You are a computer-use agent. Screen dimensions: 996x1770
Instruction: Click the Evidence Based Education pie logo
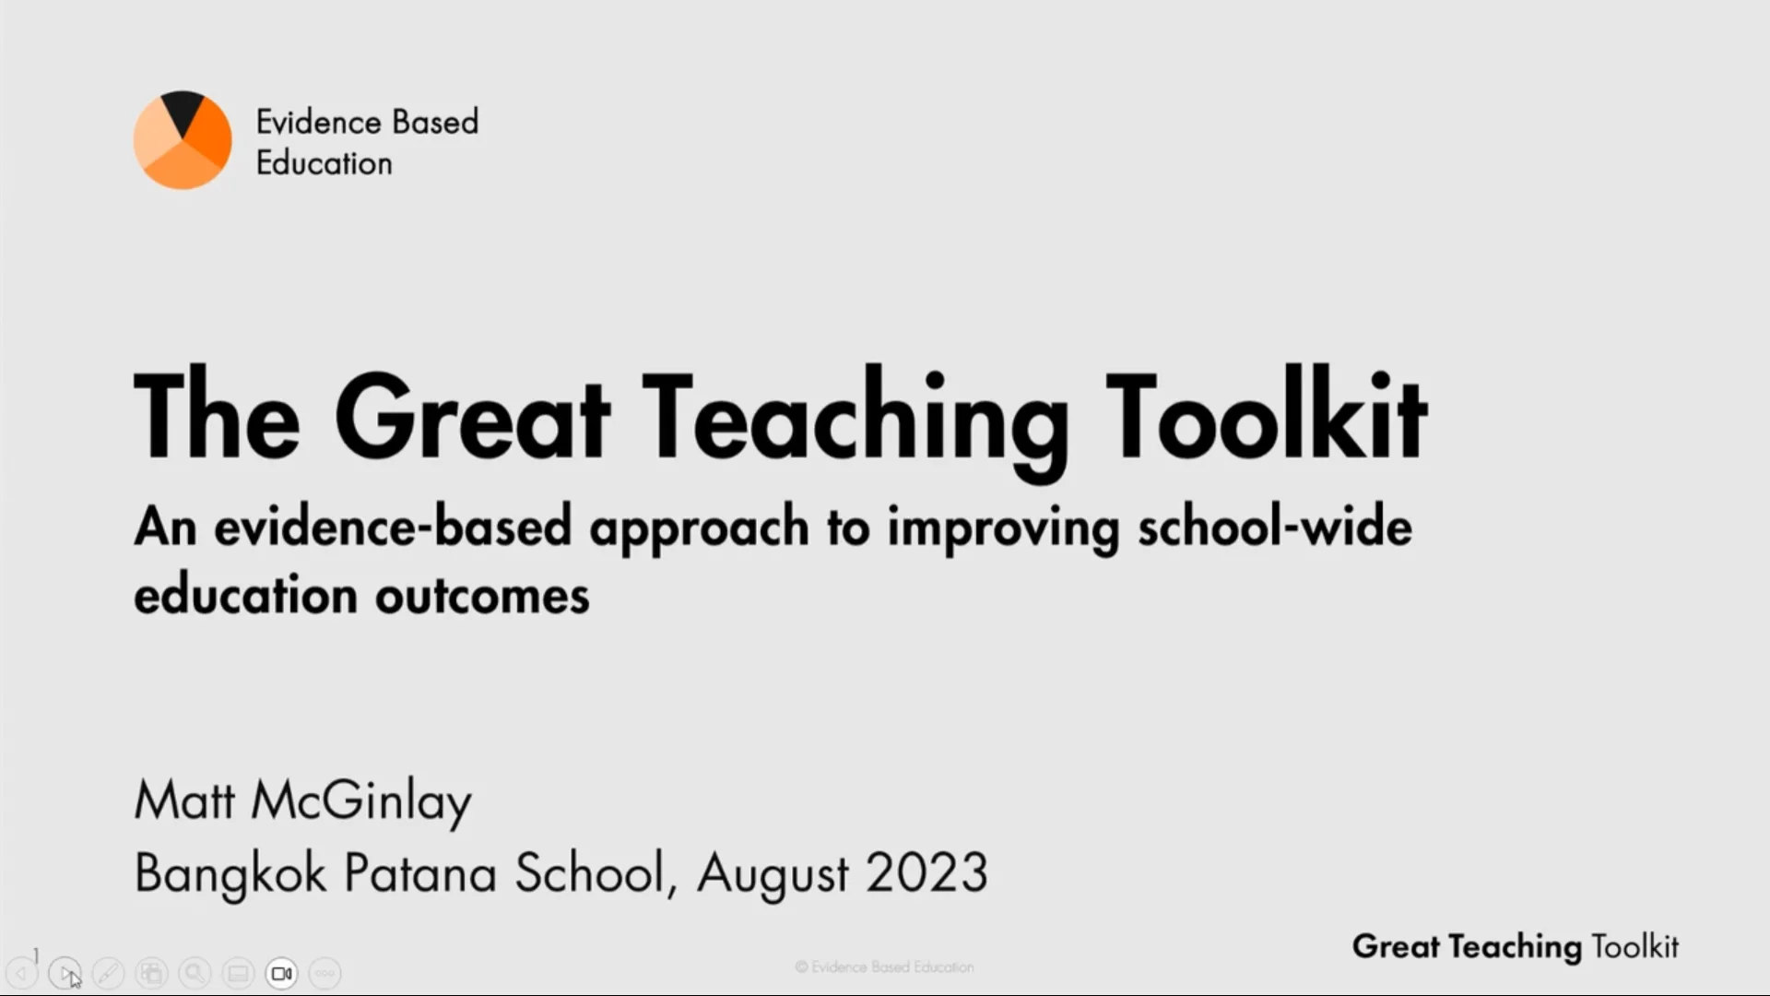[x=183, y=140]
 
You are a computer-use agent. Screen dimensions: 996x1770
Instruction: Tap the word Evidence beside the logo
[x=318, y=122]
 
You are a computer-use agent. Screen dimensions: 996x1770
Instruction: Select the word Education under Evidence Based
[x=324, y=163]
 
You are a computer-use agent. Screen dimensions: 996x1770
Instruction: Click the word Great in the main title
[x=472, y=417]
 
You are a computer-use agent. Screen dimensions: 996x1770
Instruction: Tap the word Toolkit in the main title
[x=1267, y=417]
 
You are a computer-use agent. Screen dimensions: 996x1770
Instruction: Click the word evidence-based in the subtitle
[x=393, y=528]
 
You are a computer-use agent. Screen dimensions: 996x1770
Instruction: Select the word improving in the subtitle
[x=1003, y=528]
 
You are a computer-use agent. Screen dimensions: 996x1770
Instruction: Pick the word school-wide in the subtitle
[x=1274, y=528]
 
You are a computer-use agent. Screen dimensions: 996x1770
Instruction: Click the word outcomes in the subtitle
[x=482, y=595]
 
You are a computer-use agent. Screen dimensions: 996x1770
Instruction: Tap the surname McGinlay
[x=361, y=800]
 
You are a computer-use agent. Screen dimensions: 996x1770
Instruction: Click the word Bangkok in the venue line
[x=230, y=872]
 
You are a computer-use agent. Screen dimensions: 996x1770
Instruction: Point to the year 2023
[x=926, y=872]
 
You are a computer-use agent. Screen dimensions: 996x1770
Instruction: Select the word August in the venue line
[x=773, y=872]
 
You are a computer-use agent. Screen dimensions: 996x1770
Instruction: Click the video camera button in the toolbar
[x=282, y=973]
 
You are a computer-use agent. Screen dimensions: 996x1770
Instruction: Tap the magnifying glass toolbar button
[x=195, y=973]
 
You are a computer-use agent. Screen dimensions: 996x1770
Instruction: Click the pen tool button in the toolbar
[x=108, y=973]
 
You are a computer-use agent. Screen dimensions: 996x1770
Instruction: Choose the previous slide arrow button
[x=21, y=973]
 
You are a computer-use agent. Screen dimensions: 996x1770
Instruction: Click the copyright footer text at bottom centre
[x=884, y=966]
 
